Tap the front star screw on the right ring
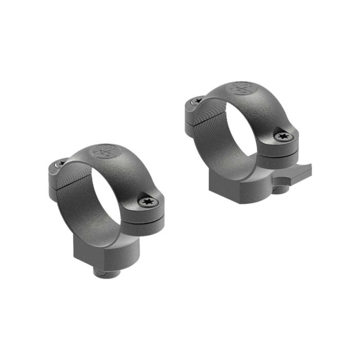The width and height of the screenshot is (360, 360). (282, 136)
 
